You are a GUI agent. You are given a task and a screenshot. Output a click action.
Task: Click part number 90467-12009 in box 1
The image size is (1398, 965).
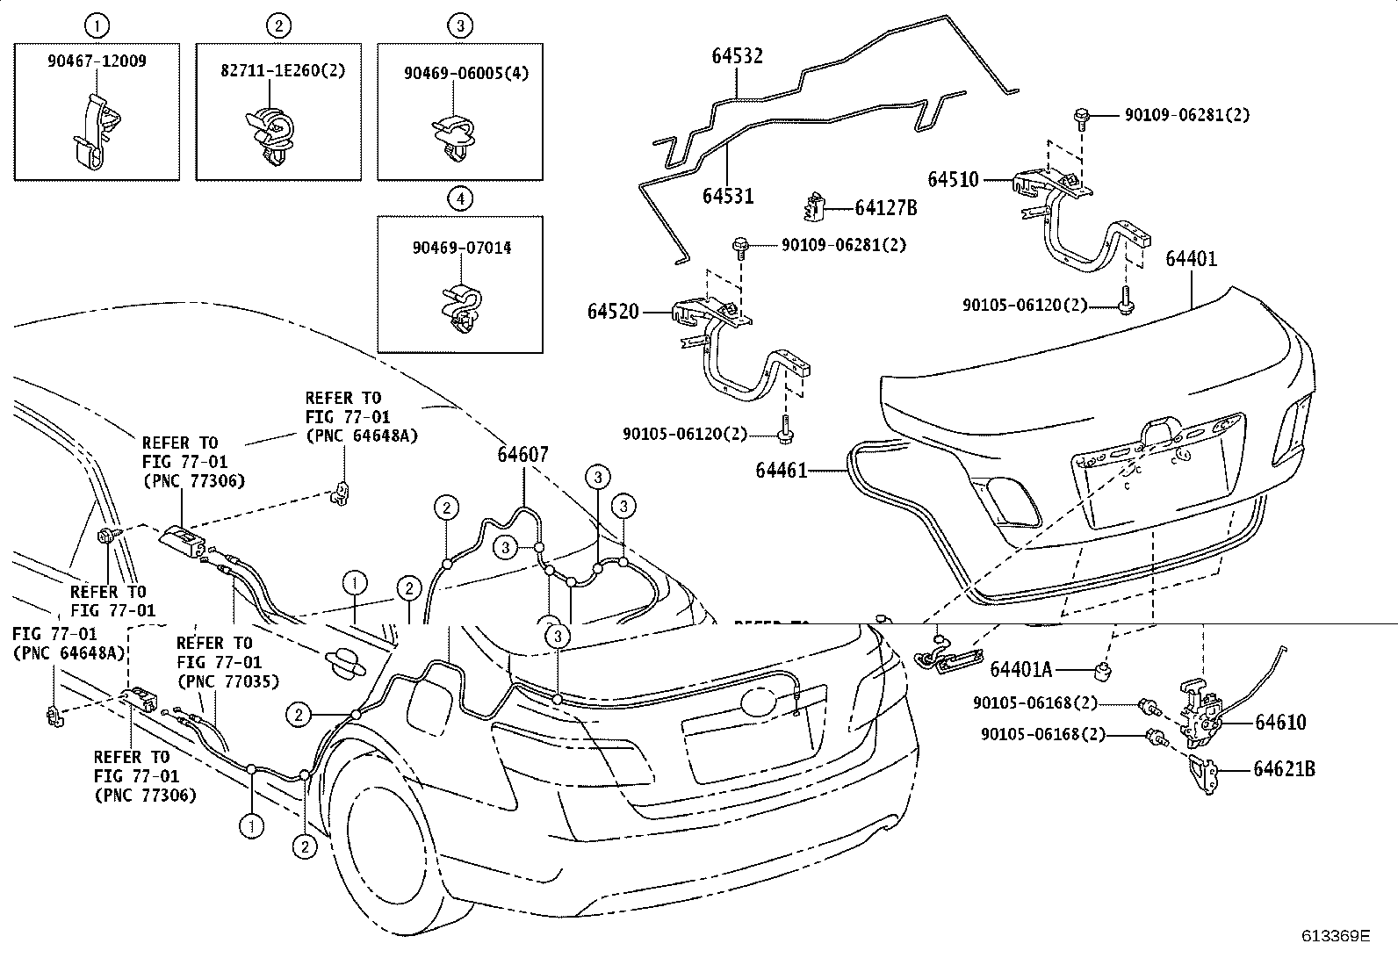click(x=97, y=61)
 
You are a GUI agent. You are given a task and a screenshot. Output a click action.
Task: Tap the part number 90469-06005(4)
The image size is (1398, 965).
click(x=466, y=74)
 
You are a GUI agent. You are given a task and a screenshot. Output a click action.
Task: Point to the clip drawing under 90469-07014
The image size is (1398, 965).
click(x=463, y=310)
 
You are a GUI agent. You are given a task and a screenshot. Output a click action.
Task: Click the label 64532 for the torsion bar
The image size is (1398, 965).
click(x=737, y=56)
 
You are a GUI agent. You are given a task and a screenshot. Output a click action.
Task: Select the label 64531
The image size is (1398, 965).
click(x=728, y=196)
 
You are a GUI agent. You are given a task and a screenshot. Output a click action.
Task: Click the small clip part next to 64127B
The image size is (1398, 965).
click(x=814, y=206)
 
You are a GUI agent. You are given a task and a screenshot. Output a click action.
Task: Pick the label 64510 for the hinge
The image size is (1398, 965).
click(x=953, y=180)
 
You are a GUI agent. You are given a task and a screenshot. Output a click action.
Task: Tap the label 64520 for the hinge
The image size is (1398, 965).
click(x=613, y=312)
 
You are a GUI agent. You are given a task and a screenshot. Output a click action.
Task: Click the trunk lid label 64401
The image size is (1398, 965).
click(x=1192, y=258)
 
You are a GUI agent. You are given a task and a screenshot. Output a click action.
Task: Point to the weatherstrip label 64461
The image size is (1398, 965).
click(x=782, y=470)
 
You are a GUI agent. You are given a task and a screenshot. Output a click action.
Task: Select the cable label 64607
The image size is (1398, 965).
click(x=523, y=455)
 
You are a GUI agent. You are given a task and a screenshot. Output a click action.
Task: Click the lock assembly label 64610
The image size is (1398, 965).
click(x=1280, y=722)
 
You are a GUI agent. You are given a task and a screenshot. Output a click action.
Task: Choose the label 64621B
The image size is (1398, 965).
click(x=1284, y=769)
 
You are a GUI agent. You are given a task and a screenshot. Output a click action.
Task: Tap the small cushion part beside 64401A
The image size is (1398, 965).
click(x=1104, y=672)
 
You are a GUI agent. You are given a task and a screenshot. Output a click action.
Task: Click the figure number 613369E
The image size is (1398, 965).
click(x=1336, y=936)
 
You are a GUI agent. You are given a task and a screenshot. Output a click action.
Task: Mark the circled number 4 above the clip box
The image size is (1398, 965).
click(x=461, y=199)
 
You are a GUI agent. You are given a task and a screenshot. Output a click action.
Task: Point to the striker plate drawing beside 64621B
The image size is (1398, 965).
click(x=1203, y=774)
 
